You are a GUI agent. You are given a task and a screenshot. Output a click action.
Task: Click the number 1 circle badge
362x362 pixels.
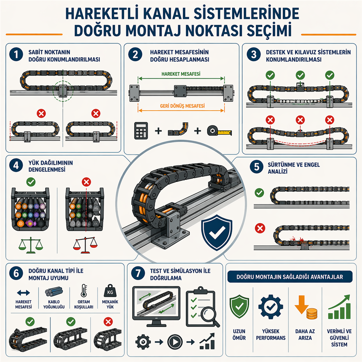(x=16, y=55)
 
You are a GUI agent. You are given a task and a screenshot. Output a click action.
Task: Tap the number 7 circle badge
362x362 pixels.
(x=138, y=273)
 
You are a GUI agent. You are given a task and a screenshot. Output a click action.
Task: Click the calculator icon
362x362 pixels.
(x=141, y=131)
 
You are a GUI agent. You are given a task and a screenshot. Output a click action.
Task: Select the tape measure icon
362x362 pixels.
(x=219, y=131)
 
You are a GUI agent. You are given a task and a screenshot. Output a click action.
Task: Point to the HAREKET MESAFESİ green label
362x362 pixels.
(x=181, y=74)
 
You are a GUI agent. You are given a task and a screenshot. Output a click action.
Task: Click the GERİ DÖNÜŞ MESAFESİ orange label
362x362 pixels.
(x=182, y=106)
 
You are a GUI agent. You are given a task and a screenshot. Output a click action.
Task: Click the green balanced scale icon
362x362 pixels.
(x=31, y=245)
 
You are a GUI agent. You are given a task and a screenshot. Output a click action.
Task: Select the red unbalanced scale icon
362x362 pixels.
(x=86, y=245)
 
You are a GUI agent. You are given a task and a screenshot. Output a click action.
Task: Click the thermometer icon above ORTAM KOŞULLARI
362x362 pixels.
(x=84, y=291)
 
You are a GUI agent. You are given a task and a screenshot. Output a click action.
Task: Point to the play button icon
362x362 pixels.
(x=175, y=342)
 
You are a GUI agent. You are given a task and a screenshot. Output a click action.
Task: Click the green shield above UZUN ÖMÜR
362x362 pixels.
(x=239, y=306)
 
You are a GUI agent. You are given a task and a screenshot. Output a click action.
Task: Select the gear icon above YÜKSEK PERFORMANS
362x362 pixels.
(x=270, y=307)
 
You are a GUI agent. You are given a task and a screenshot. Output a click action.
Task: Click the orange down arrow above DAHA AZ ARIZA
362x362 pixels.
(x=302, y=304)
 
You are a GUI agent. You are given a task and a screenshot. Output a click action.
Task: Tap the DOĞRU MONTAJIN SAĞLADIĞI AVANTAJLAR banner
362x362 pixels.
(x=290, y=277)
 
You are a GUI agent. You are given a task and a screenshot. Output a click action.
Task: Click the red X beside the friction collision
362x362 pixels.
(x=260, y=228)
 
